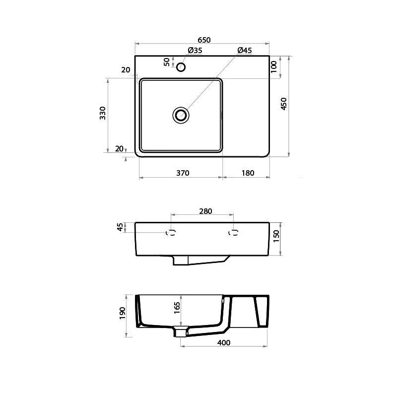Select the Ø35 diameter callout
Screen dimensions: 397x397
click(195, 51)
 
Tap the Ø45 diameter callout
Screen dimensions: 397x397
click(244, 51)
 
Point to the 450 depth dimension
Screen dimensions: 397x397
click(284, 104)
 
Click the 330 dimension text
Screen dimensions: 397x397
click(103, 113)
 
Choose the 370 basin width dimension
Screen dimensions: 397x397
click(182, 173)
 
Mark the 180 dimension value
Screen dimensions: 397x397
click(248, 173)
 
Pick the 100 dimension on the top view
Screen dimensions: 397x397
click(274, 67)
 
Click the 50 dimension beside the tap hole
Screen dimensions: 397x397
click(167, 62)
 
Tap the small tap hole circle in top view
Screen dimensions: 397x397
click(181, 67)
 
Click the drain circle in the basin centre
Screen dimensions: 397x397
click(181, 115)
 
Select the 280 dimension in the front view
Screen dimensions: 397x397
click(205, 211)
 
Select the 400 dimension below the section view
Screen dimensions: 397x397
click(224, 343)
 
